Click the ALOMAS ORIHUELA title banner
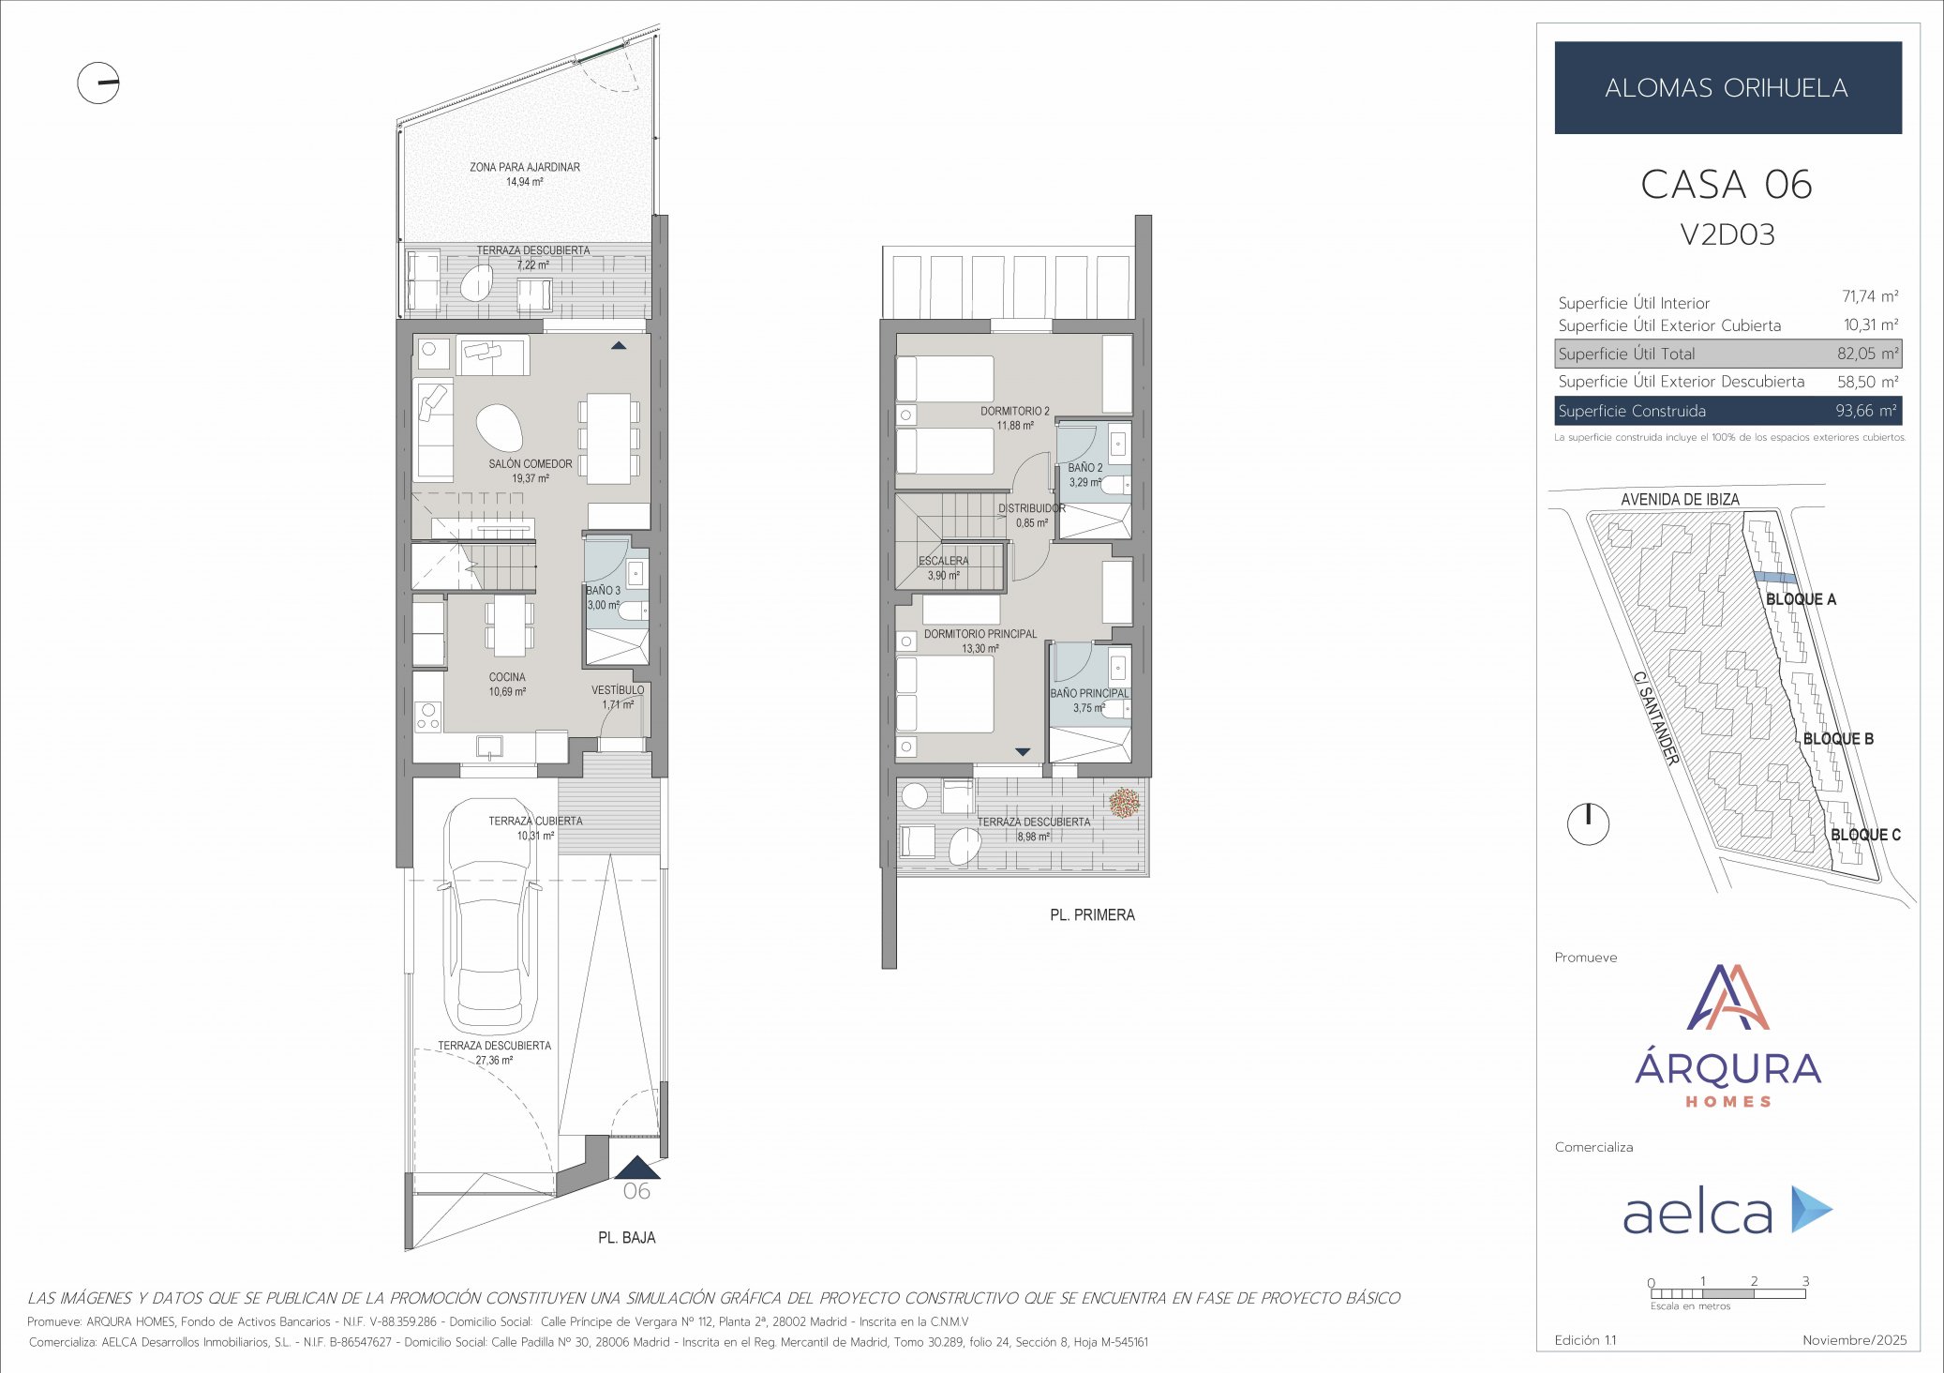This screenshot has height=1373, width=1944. (x=1727, y=87)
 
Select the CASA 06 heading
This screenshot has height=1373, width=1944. (x=1726, y=184)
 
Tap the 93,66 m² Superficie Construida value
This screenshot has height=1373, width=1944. (x=1865, y=411)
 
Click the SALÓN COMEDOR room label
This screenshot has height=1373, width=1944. (x=530, y=464)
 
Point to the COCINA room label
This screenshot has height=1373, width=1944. (x=507, y=677)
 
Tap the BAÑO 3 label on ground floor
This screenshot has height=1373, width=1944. (x=603, y=591)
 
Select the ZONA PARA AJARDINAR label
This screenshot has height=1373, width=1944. (x=524, y=167)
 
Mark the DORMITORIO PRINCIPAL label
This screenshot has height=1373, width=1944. (x=979, y=634)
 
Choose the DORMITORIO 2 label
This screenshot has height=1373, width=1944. (x=1014, y=411)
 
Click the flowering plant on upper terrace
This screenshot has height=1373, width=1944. (x=1124, y=803)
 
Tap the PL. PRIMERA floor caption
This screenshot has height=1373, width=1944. (x=1091, y=914)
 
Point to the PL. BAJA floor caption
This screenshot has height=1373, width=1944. (x=626, y=1238)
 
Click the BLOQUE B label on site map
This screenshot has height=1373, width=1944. (x=1837, y=739)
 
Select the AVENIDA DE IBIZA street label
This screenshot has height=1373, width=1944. (x=1679, y=500)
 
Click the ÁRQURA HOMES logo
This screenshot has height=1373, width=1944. (x=1727, y=1036)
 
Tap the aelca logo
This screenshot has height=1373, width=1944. (x=1726, y=1211)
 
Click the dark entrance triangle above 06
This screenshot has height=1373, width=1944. (x=637, y=1168)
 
